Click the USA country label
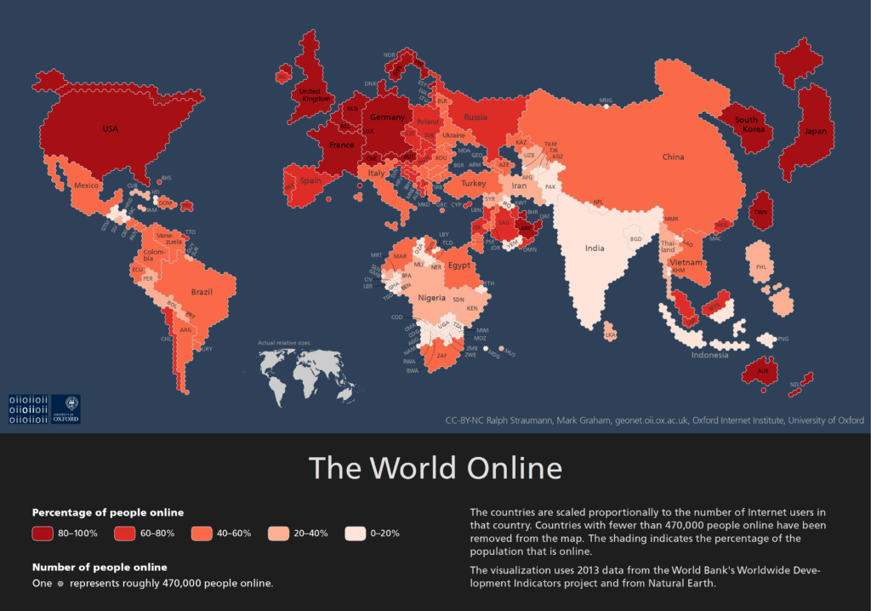111,128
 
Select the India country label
595,248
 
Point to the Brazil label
202,292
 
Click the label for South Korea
746,125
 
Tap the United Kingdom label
315,94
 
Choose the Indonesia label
709,355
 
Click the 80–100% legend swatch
44,534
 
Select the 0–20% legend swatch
356,534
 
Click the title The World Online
435,469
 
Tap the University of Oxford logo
65,408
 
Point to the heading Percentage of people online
108,512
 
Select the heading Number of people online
100,567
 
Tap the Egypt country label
459,266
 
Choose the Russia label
475,117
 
